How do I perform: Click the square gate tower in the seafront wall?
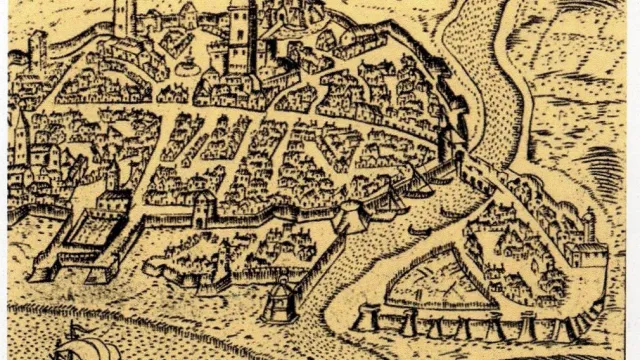pos(204,208)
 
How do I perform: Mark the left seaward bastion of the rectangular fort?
pos(43,268)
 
